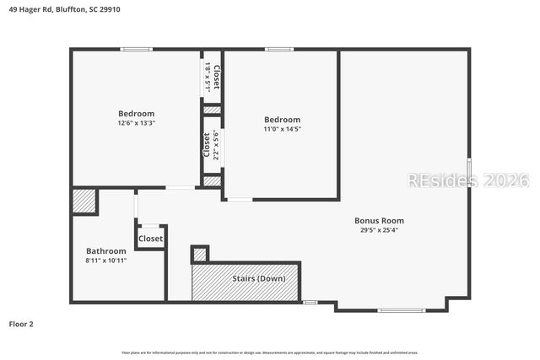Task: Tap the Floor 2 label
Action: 21,324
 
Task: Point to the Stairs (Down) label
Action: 258,278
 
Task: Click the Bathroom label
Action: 106,251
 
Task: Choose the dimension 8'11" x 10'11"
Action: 106,261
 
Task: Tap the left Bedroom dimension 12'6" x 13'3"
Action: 136,123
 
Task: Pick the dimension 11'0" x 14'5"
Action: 282,129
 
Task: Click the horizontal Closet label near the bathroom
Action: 150,239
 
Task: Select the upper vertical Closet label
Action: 216,79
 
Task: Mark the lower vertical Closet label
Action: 207,145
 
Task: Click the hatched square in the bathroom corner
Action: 83,201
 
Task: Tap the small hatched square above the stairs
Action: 200,254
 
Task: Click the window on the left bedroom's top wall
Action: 136,50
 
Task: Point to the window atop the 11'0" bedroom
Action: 279,50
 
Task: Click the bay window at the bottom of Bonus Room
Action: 401,310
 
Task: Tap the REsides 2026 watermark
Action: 467,180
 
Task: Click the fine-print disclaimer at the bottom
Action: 270,352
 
